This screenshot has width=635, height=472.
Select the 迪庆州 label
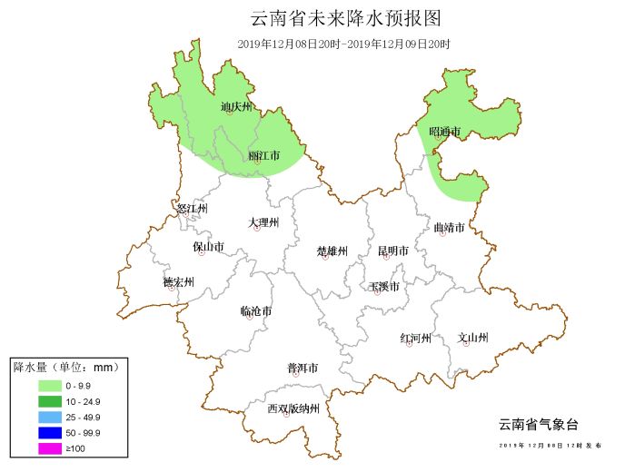(235, 107)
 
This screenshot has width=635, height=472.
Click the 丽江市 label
(264, 156)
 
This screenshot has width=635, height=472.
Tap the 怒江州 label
(192, 209)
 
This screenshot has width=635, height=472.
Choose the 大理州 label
(263, 222)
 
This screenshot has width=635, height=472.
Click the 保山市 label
(208, 246)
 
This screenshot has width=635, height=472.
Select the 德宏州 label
(178, 281)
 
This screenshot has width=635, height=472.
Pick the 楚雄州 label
(332, 251)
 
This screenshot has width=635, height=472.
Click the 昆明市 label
(392, 251)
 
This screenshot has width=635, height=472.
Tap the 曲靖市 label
(449, 227)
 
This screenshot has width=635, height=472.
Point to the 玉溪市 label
(384, 287)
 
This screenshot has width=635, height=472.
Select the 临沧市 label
(256, 311)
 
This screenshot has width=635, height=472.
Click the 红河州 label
(415, 338)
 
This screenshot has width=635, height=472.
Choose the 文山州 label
(473, 338)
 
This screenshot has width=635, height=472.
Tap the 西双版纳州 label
(293, 408)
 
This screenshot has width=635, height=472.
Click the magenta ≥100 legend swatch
(36, 448)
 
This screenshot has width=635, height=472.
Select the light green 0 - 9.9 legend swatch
(36, 385)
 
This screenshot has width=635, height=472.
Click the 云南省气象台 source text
(538, 424)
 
